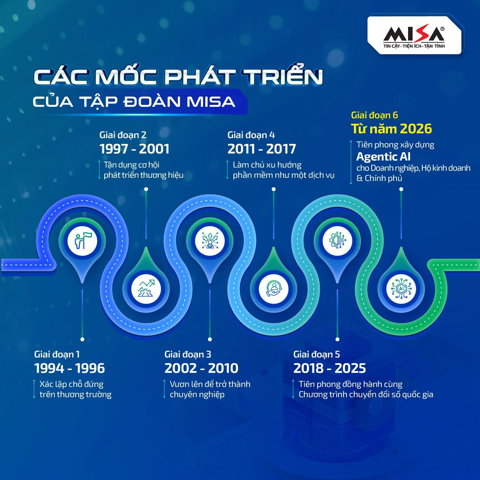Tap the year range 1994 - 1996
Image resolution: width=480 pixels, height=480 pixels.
pos(69,368)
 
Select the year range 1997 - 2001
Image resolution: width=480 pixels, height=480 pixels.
pos(134,149)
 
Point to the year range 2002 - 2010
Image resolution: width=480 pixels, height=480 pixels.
pos(201,368)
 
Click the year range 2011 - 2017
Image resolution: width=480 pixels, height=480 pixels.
pos(262,149)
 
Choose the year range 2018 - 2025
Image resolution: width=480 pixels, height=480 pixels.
pos(329,368)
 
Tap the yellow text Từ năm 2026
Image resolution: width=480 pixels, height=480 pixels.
pos(391,129)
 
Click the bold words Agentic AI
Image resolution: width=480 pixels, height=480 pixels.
pos(383,157)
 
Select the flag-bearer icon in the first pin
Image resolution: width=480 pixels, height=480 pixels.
pos(82,240)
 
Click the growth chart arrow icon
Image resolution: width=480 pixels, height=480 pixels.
pos(146,288)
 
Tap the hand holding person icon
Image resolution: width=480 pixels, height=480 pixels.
pos(273,288)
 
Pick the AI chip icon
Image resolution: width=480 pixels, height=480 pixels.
pos(401,289)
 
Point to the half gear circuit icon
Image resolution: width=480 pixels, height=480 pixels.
pos(337,240)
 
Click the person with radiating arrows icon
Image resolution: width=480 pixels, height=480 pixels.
pos(210,240)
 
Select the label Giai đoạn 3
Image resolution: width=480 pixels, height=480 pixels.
pos(188,354)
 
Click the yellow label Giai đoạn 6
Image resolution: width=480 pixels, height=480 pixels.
pos(374,115)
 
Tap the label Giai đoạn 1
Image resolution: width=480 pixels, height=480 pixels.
pos(57,354)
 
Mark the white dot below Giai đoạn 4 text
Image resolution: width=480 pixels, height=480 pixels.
pos(274,189)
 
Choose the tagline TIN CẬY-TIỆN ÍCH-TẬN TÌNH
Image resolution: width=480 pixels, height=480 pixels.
pos(414,46)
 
